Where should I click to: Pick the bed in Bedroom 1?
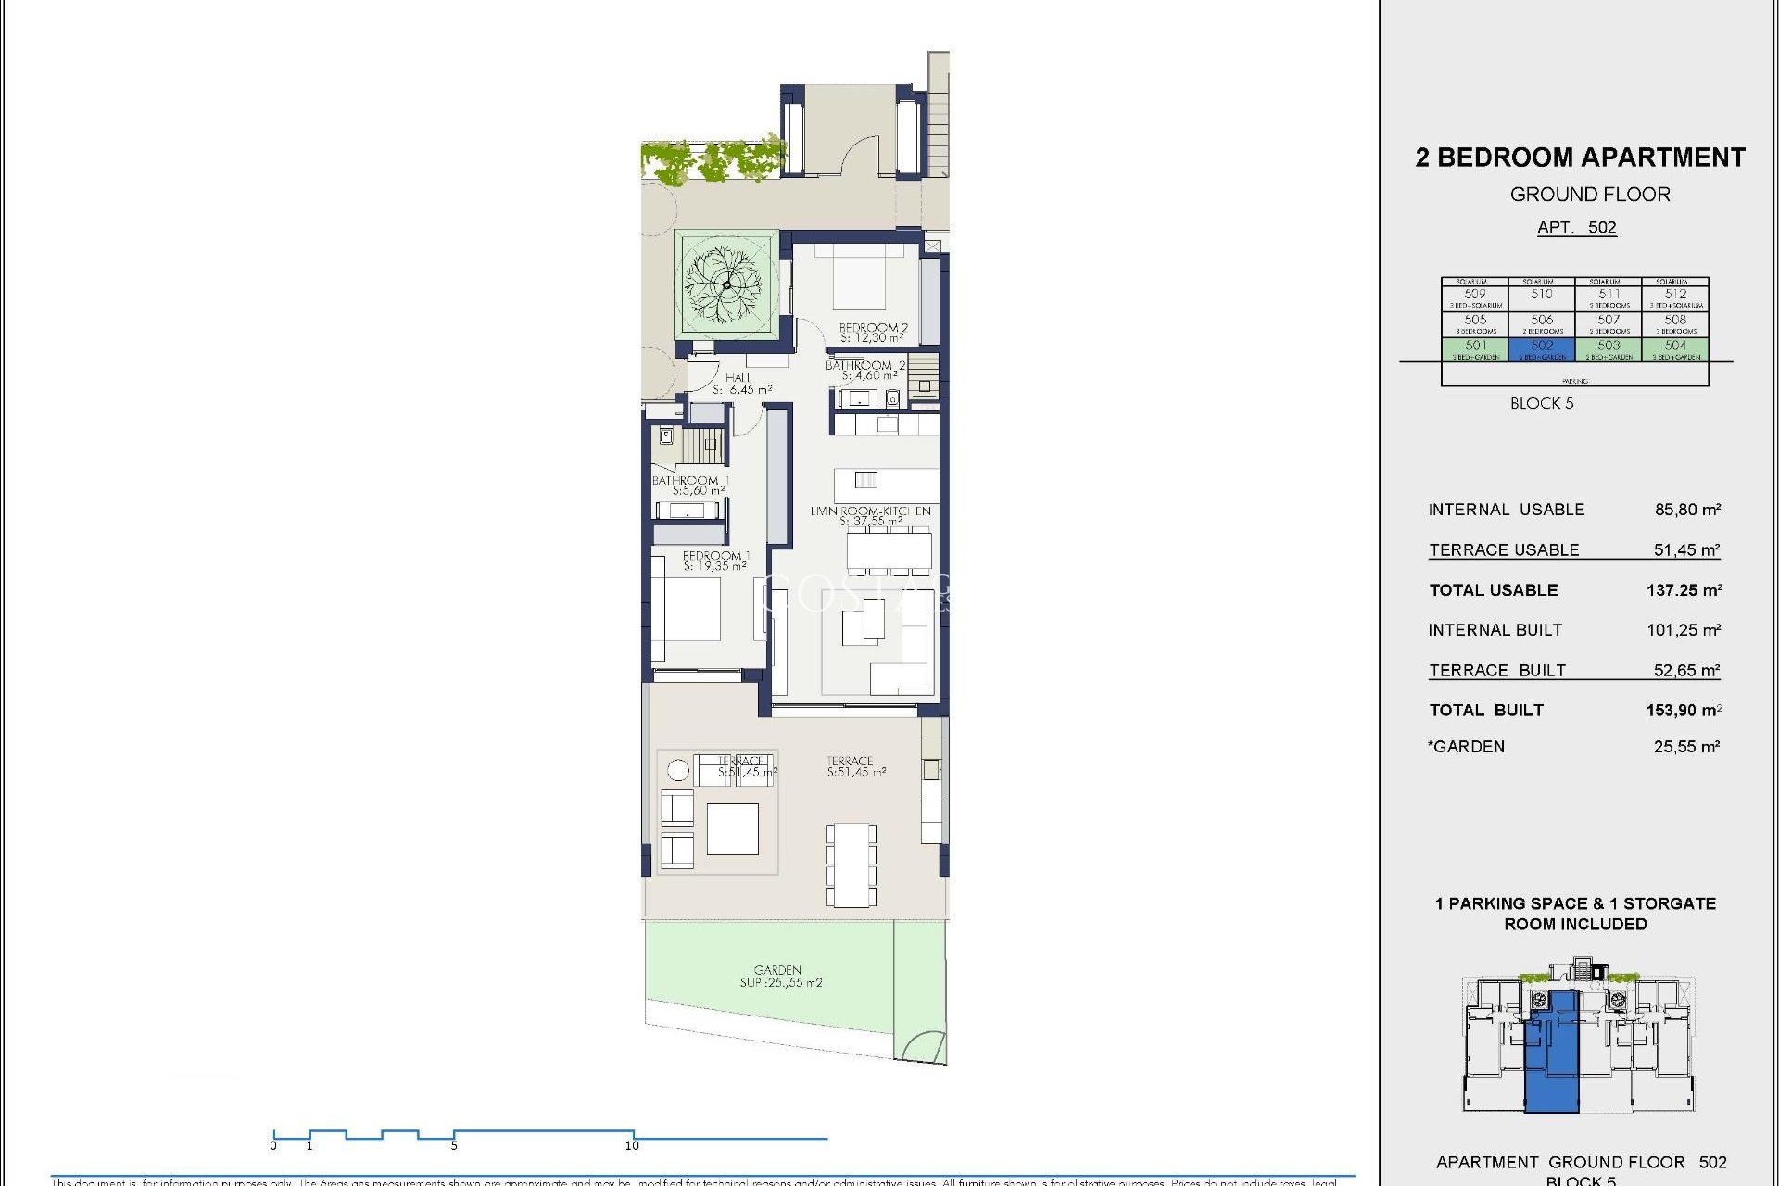coord(687,609)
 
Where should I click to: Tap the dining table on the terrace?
coord(852,864)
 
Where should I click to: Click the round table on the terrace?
coord(678,770)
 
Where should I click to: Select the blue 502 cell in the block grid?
coord(1542,348)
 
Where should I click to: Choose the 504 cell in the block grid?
coord(1675,348)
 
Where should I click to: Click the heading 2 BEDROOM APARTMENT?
coord(1580,158)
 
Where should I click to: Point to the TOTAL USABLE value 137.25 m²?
coord(1684,590)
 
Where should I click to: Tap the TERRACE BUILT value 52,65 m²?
coord(1686,670)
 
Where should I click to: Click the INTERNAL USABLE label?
coord(1506,510)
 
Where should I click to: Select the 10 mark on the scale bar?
coord(633,1144)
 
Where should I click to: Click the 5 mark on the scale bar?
coord(454,1144)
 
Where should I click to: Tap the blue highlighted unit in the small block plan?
coord(1553,1056)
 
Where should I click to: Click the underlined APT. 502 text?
coord(1576,228)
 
